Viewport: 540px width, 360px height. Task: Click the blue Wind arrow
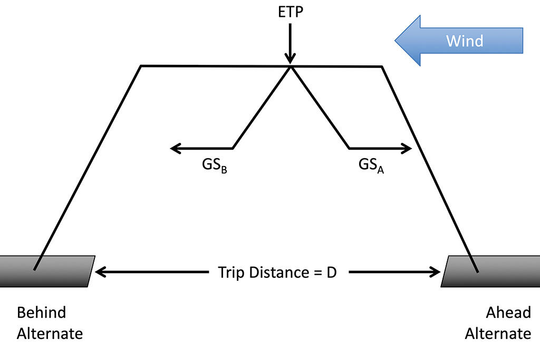(x=459, y=41)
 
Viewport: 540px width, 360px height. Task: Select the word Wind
(x=465, y=41)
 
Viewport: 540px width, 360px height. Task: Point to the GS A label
(x=371, y=165)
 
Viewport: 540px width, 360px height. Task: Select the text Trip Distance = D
(x=277, y=273)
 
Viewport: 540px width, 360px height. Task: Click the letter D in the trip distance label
(x=331, y=273)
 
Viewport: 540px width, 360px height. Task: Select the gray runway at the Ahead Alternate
(x=490, y=271)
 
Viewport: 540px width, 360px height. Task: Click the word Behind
(x=42, y=313)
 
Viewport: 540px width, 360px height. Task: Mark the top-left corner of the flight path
(x=141, y=66)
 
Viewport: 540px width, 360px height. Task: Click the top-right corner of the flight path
(x=381, y=66)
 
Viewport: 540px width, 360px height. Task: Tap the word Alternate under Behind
(x=50, y=334)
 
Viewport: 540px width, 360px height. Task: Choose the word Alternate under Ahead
(x=498, y=334)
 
